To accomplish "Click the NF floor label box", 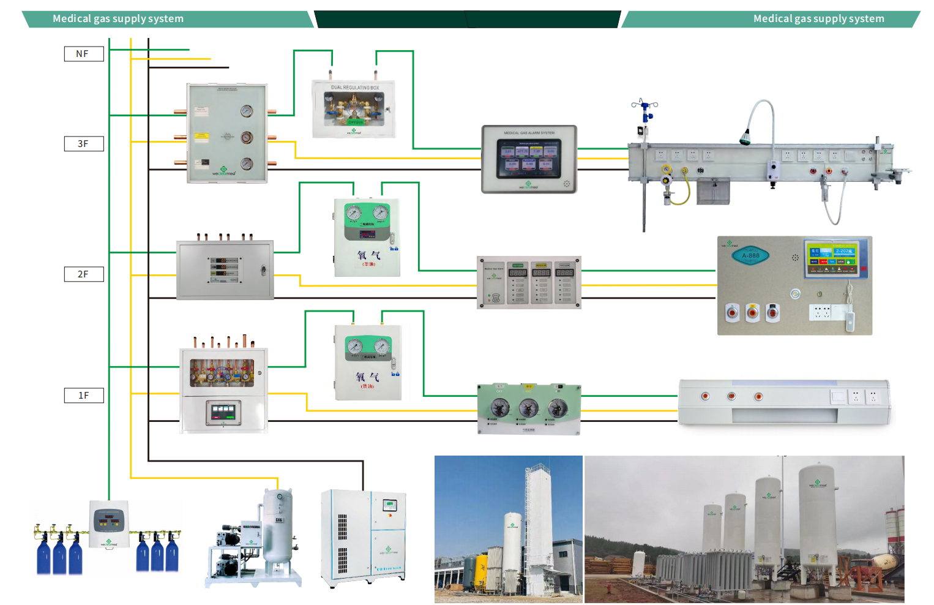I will click(x=84, y=54).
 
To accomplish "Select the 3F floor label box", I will click(x=84, y=144).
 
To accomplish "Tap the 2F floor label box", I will click(x=84, y=274).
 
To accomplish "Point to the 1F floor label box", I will click(x=84, y=396).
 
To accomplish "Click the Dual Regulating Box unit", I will click(x=354, y=108).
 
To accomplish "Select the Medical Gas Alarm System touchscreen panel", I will click(x=529, y=159).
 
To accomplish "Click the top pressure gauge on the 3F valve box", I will click(x=247, y=111).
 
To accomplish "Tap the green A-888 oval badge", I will click(x=750, y=255).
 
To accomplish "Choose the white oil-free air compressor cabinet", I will click(x=364, y=537).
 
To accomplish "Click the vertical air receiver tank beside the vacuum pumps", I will click(x=278, y=527).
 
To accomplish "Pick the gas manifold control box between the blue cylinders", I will click(x=110, y=524).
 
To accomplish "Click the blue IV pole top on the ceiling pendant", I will click(x=644, y=107).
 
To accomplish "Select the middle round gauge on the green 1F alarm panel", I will click(x=528, y=407).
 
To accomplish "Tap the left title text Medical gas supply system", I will click(x=118, y=18).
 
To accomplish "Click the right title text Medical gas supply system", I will click(x=818, y=18).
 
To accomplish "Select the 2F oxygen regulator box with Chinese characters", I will click(x=367, y=237).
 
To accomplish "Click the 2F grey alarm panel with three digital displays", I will click(x=529, y=282).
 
